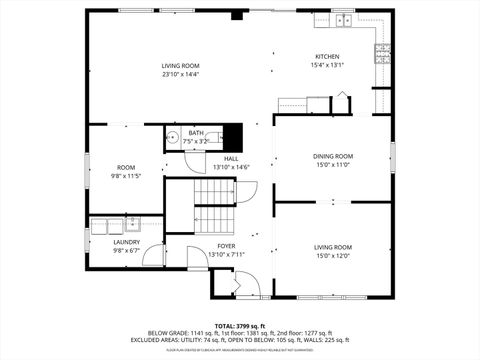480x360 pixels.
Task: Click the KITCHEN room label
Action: [x=327, y=56]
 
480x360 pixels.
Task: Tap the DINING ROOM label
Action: [x=333, y=156]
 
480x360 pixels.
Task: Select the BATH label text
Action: [x=195, y=133]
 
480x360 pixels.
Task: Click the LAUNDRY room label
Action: [x=126, y=241]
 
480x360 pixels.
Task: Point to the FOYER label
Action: [x=226, y=245]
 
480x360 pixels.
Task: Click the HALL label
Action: [x=231, y=158]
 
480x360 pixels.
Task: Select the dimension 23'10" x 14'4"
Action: [x=181, y=74]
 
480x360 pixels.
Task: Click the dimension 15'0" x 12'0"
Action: [x=333, y=255]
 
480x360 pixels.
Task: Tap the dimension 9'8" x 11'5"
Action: [x=126, y=176]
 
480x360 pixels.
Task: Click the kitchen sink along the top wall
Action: [x=343, y=19]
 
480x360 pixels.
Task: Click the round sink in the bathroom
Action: [x=171, y=138]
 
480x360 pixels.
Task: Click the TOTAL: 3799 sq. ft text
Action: [x=239, y=326]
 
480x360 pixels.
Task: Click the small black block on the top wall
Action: [x=237, y=15]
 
